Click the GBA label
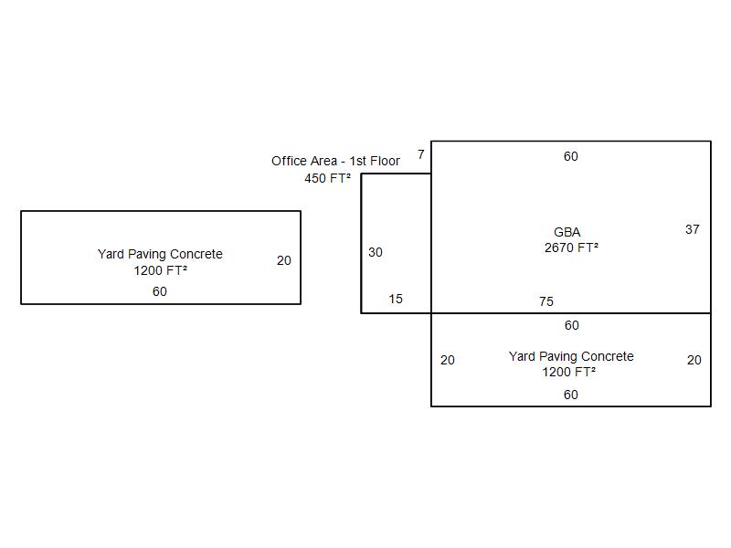click(567, 232)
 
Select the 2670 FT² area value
click(571, 248)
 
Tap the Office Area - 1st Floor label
click(335, 161)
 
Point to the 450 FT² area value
click(327, 178)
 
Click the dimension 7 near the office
click(421, 154)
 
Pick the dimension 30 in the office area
click(376, 252)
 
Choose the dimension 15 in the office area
click(396, 299)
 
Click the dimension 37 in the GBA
click(693, 229)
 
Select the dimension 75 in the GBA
click(546, 301)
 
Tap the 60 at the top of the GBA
click(571, 156)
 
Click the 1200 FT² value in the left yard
click(160, 270)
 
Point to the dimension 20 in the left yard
click(284, 260)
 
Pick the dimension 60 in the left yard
click(160, 291)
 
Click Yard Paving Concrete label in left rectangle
click(160, 254)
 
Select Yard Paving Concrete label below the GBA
click(571, 356)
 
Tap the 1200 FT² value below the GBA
click(568, 372)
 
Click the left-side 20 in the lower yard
click(448, 360)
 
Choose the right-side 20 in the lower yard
click(694, 360)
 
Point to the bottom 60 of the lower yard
click(571, 395)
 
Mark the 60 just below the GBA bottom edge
click(571, 325)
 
